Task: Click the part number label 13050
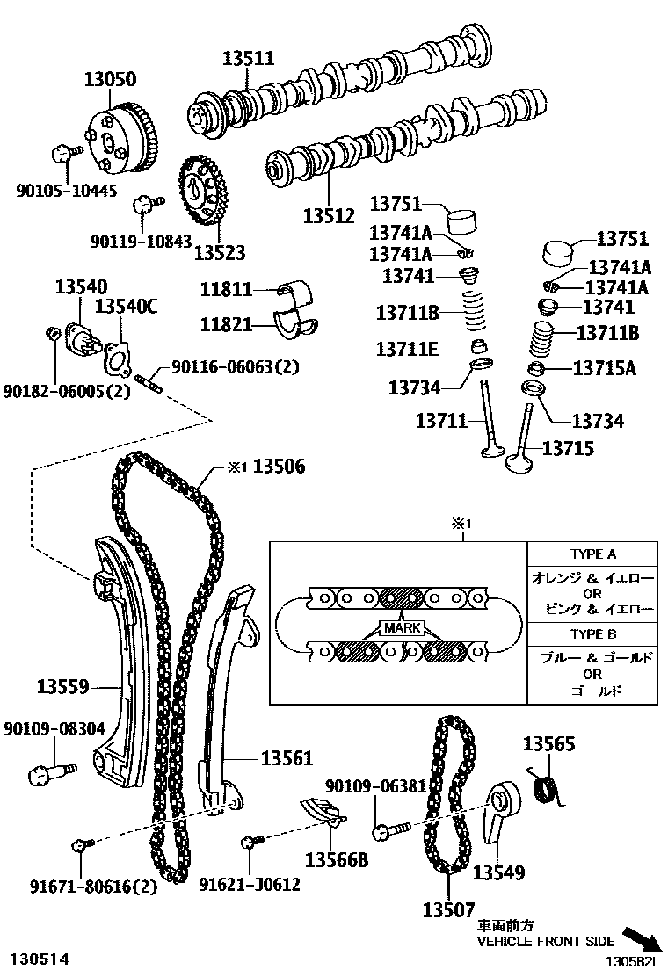pos(110,80)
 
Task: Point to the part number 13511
pos(247,59)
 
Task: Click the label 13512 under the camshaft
pos(329,215)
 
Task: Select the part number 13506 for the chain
pos(279,467)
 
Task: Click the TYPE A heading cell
pos(592,554)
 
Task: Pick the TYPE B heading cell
pos(592,633)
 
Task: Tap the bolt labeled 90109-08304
pos(43,775)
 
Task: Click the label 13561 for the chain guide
pos(286,757)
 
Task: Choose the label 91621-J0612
pos(249,885)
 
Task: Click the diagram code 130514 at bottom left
pos(40,957)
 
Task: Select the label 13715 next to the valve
pos(567,448)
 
